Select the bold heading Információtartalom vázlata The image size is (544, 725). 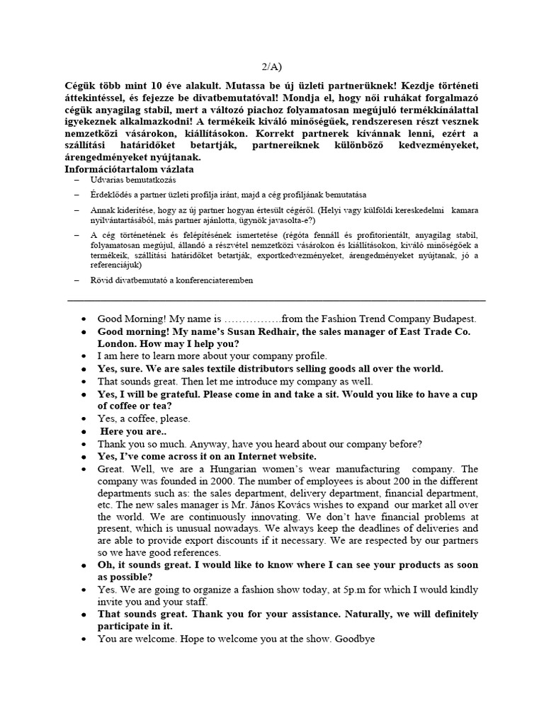130,169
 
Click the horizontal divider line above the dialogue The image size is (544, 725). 276,300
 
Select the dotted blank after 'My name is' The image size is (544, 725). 253,319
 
